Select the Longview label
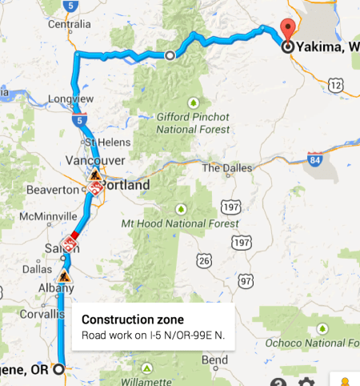click(65, 100)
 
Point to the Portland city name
click(126, 185)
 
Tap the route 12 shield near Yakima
click(336, 83)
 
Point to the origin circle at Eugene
click(58, 369)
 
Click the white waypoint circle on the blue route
click(170, 55)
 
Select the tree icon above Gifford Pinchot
click(192, 103)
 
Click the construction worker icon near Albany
click(64, 276)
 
